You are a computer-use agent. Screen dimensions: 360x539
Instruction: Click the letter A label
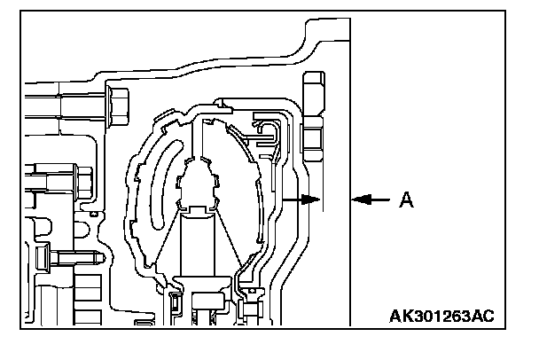point(406,200)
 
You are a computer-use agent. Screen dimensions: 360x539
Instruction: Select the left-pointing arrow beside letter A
point(371,200)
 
